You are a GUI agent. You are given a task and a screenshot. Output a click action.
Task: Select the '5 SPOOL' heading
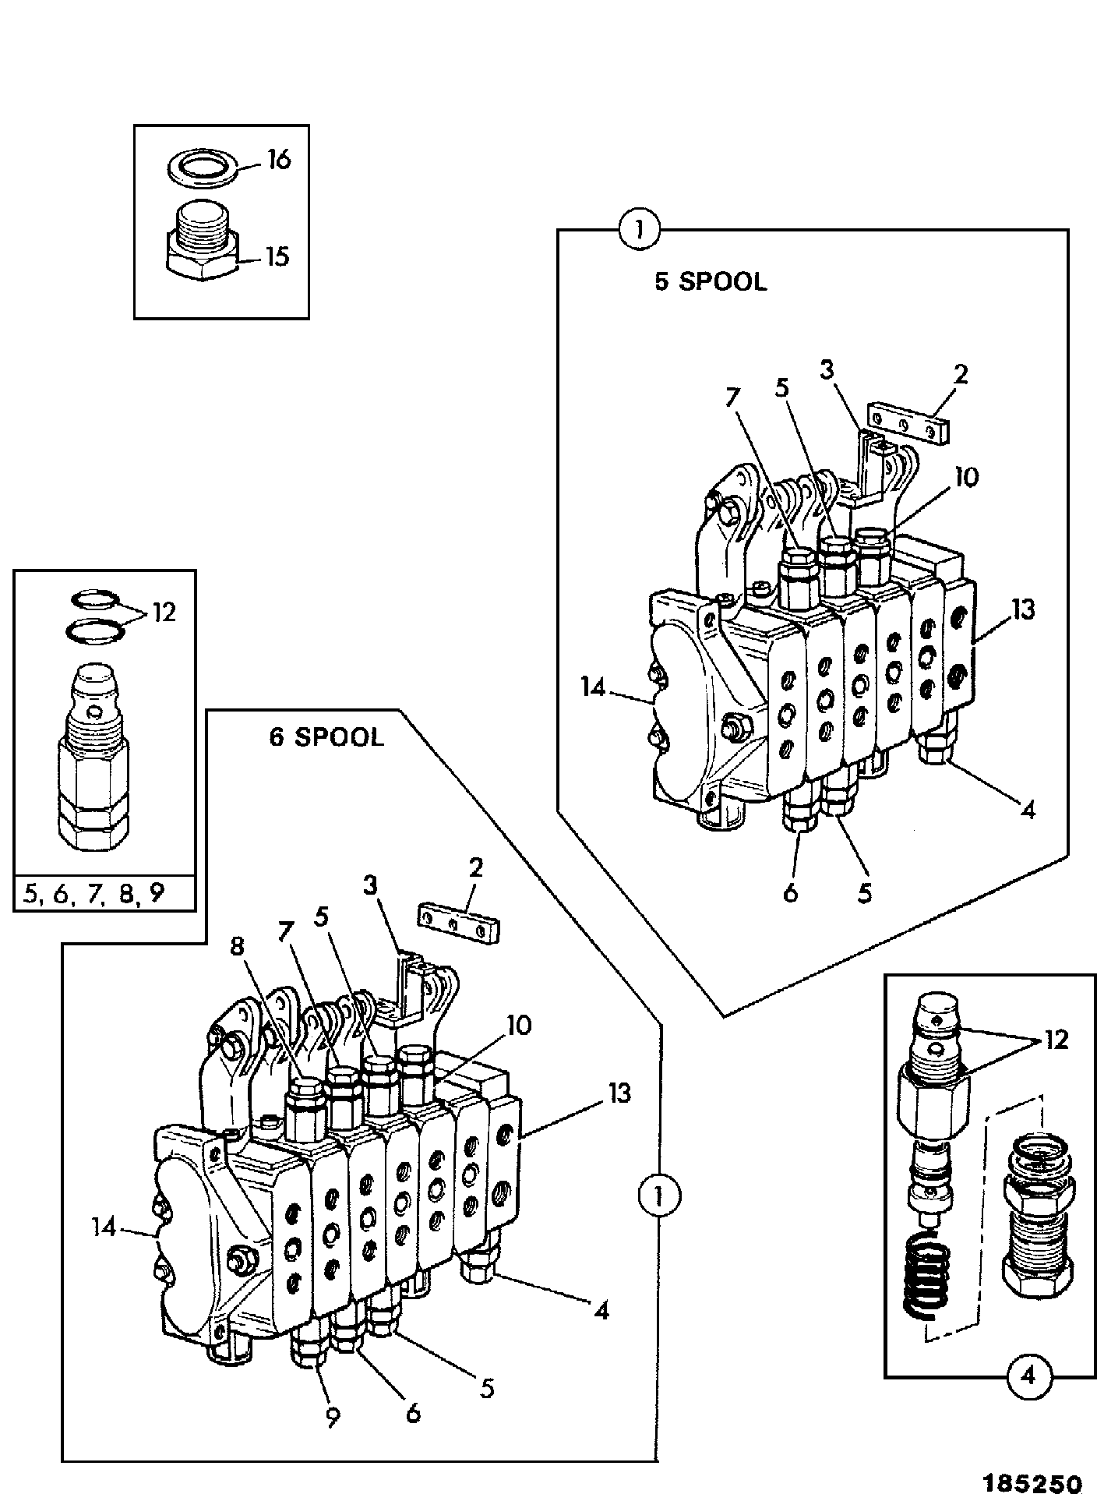711,281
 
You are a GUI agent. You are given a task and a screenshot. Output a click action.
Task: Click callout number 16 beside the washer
278,160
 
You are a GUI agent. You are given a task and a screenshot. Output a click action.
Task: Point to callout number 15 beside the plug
277,256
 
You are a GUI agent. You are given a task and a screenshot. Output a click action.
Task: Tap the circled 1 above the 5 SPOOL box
638,231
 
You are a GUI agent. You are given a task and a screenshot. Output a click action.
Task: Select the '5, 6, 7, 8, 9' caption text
94,892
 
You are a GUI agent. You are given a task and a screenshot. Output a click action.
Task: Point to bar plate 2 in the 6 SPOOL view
460,922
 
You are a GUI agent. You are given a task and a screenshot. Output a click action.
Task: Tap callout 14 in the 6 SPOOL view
104,1227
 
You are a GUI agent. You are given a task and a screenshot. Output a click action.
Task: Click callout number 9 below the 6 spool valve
333,1418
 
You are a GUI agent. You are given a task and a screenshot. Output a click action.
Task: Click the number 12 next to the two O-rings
164,613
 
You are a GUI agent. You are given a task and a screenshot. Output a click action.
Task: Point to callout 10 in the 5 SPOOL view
965,477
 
